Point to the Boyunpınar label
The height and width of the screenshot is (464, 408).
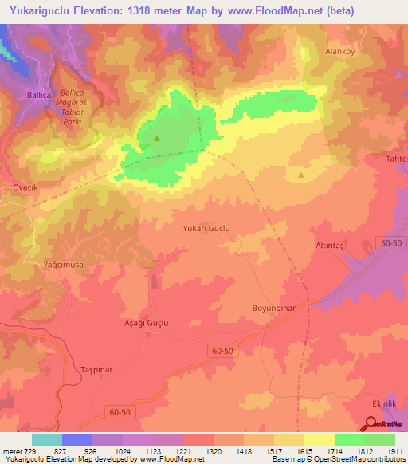pyautogui.click(x=274, y=308)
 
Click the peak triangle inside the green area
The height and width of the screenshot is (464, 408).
pyautogui.click(x=156, y=138)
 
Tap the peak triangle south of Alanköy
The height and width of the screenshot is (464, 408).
pyautogui.click(x=301, y=175)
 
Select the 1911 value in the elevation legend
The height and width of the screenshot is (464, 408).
pyautogui.click(x=394, y=452)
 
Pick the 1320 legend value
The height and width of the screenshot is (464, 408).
pyautogui.click(x=213, y=452)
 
